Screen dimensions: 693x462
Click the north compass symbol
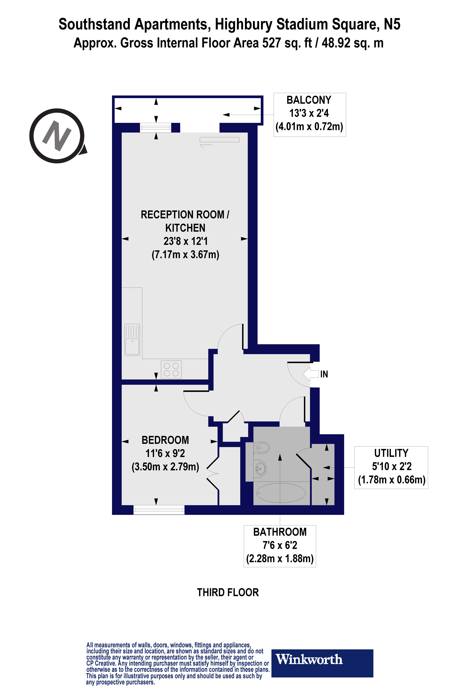point(57,136)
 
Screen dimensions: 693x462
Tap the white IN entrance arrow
point(311,374)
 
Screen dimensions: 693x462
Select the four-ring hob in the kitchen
point(171,369)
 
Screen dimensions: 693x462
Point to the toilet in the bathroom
point(262,448)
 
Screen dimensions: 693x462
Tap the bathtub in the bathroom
point(281,493)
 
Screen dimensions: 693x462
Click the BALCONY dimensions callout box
point(309,115)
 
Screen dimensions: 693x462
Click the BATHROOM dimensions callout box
point(280,546)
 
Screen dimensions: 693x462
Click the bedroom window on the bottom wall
point(159,509)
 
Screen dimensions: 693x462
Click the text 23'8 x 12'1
point(186,241)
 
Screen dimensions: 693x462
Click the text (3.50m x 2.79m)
point(165,467)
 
